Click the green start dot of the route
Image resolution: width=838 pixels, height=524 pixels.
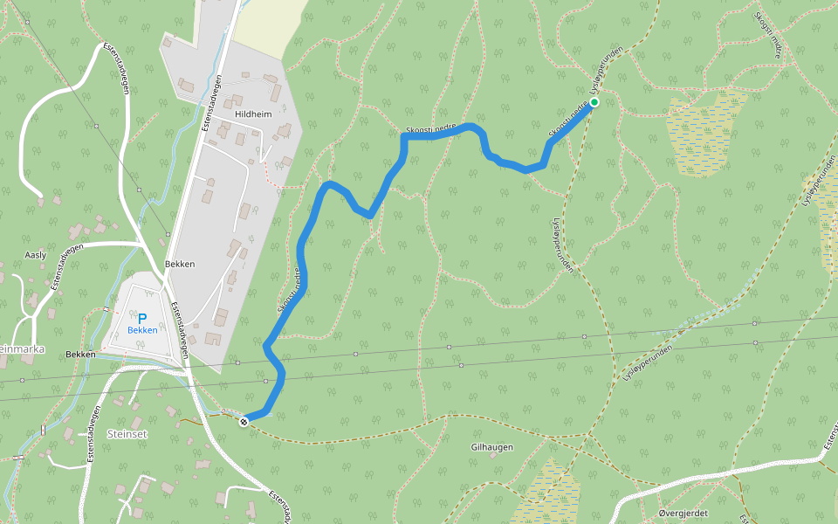(594, 102)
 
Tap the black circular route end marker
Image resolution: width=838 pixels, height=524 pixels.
(244, 422)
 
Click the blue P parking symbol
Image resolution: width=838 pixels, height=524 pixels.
(142, 319)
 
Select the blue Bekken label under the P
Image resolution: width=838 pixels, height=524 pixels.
(142, 330)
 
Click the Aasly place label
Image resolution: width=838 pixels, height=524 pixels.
(36, 254)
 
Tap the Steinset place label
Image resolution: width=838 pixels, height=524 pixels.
(128, 433)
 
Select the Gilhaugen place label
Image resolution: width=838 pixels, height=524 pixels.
(491, 447)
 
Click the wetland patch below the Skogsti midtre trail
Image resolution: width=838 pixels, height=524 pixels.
(703, 131)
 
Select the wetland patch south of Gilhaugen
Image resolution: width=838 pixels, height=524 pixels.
(546, 493)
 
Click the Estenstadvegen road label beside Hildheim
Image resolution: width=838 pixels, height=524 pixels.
(211, 103)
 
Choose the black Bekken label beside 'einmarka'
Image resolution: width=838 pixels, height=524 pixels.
(80, 355)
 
